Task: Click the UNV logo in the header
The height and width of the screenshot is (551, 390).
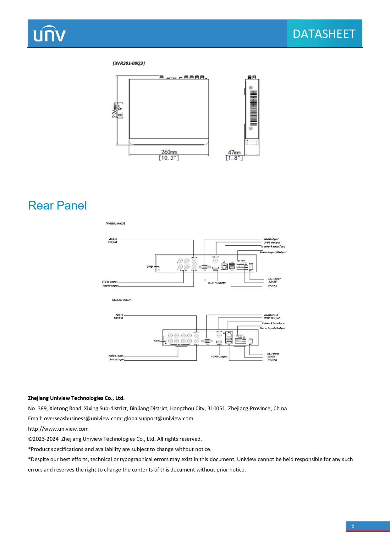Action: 49,34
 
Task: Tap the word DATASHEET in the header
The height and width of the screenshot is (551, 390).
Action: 324,34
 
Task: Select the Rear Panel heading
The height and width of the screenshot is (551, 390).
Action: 57,205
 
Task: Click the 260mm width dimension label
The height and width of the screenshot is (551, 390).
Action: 169,152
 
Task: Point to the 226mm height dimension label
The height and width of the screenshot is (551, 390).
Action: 115,110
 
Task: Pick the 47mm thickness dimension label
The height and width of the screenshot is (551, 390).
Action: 234,153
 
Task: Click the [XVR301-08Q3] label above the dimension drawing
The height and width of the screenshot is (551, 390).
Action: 129,63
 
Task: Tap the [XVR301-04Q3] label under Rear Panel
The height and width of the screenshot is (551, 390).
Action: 115,224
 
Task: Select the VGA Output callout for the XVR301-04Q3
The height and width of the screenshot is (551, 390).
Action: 271,239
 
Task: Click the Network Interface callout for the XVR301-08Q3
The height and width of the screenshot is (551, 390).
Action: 273,323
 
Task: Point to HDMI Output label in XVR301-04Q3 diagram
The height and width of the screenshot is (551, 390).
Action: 217,283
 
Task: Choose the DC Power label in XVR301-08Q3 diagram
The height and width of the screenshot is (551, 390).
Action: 273,354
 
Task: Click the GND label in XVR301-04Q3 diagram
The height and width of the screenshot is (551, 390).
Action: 150,267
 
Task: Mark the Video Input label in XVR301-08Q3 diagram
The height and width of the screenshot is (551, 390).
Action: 116,356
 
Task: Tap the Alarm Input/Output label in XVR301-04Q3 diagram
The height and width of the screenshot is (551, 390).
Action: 273,252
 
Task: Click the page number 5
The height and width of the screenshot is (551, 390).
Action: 353,526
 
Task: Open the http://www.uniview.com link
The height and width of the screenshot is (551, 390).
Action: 58,429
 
